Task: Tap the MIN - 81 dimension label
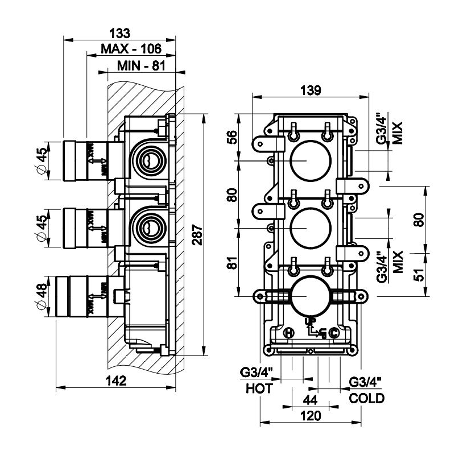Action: tap(140, 66)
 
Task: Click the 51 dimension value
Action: tap(420, 274)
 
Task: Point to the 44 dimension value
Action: tap(310, 399)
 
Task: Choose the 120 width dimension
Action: tap(310, 416)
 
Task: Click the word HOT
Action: tap(259, 389)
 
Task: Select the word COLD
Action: tap(366, 398)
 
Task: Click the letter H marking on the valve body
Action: tap(289, 333)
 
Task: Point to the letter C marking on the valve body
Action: tap(334, 333)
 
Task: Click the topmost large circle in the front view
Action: tap(307, 161)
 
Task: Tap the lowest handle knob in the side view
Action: tap(68, 297)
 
